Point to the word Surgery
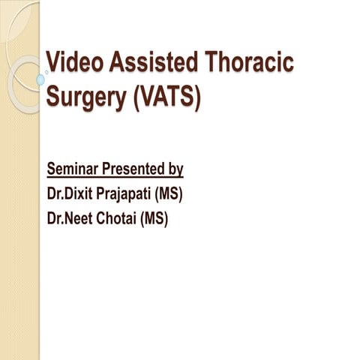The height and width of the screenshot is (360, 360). point(85,98)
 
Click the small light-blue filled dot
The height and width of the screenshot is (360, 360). point(40,79)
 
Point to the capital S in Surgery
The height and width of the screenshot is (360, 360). point(53,98)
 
